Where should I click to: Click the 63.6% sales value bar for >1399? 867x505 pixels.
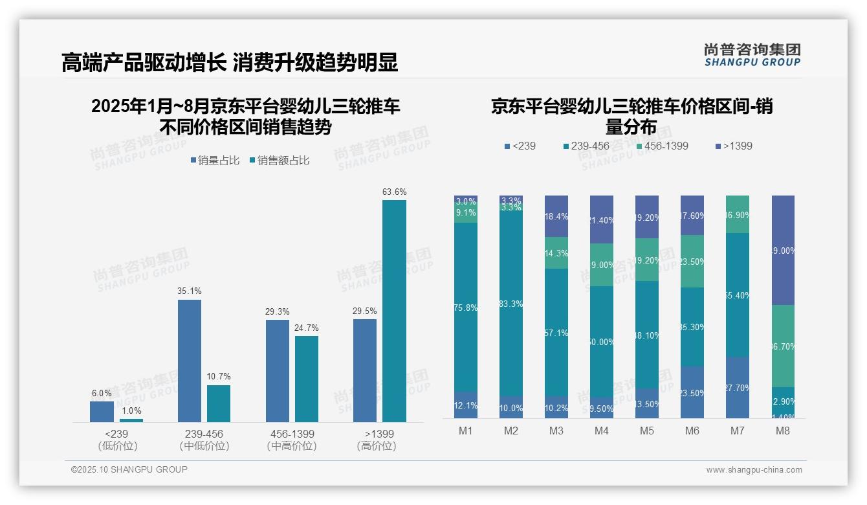tap(394, 311)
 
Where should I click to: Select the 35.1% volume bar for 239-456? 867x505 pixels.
tap(189, 361)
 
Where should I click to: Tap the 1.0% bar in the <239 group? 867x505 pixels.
tap(131, 420)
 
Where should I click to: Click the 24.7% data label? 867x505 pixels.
tap(307, 328)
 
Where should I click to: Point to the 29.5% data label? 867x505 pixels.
tap(365, 311)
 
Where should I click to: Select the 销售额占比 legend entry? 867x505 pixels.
tap(280, 161)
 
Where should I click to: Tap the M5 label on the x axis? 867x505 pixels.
tap(647, 431)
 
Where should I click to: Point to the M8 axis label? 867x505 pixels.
tap(782, 431)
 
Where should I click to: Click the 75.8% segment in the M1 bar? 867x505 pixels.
tap(466, 308)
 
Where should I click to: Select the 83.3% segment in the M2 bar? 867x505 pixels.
tap(511, 304)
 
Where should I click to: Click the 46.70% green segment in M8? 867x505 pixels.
tap(783, 346)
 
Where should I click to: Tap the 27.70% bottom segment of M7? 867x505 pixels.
tap(738, 387)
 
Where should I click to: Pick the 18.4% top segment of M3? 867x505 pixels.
tap(556, 216)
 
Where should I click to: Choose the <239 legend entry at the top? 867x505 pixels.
tap(520, 146)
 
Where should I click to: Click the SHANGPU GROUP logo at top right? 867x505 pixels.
tap(752, 55)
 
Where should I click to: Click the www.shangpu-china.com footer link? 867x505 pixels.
tap(754, 470)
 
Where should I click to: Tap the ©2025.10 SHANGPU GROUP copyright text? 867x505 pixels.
tap(129, 469)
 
